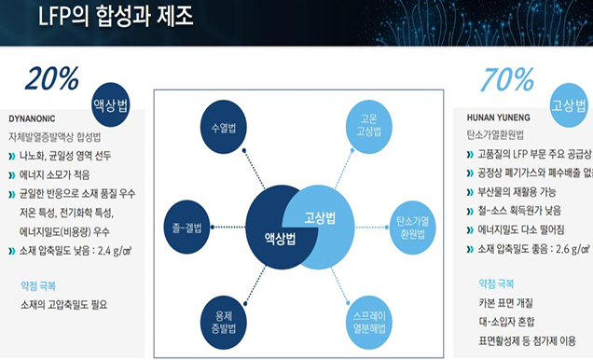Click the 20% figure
click(x=52, y=79)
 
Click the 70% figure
click(x=508, y=80)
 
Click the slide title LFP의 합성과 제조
click(x=117, y=16)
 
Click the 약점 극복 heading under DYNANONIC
click(x=38, y=258)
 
